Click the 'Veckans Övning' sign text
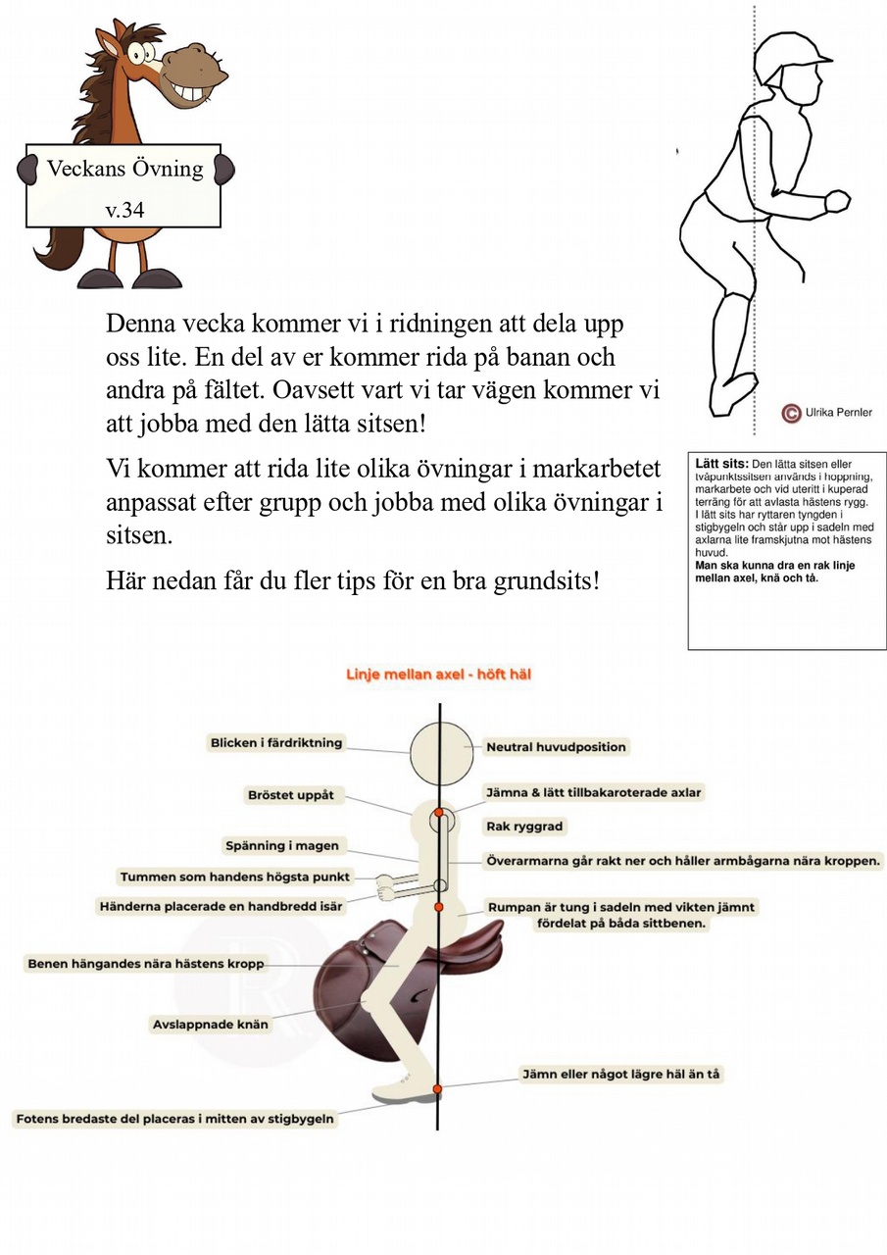point(124,169)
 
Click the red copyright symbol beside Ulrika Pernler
point(791,413)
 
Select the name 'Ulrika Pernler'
point(839,413)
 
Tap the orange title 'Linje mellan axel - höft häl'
point(439,675)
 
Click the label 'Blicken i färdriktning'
point(276,743)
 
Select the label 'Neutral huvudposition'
point(556,747)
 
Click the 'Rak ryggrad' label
point(525,827)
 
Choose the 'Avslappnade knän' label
point(211,1025)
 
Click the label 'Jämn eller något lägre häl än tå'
point(620,1075)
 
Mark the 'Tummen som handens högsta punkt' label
point(234,877)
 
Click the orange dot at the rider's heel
point(437,1089)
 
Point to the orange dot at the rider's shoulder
point(439,813)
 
